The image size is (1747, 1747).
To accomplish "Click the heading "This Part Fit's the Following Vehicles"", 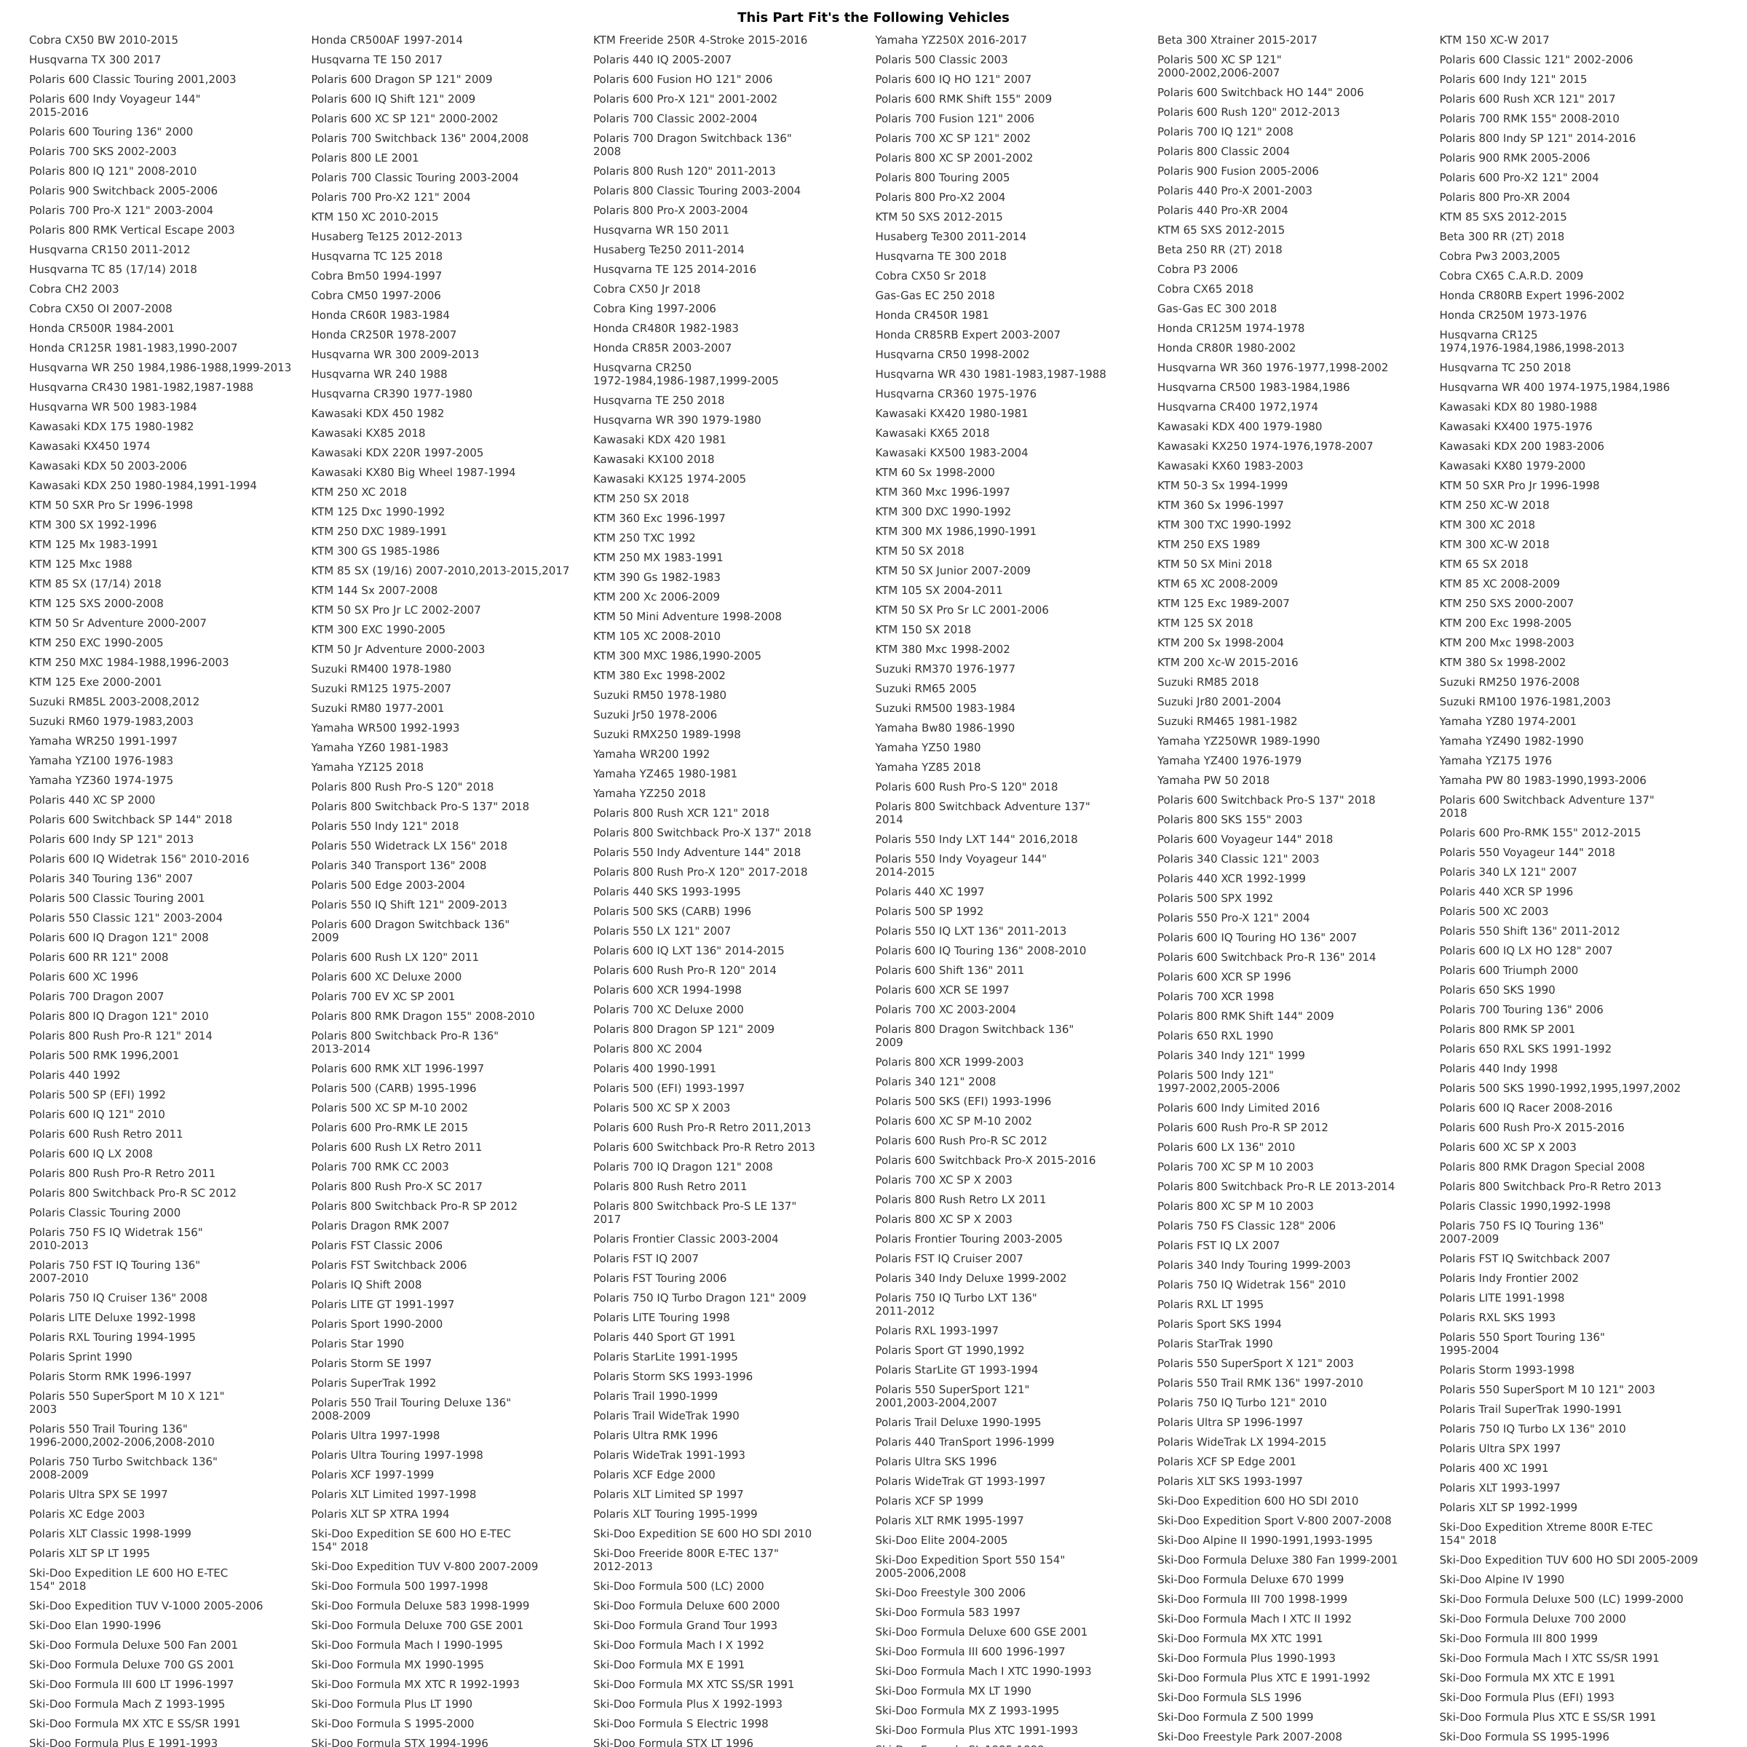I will [873, 17].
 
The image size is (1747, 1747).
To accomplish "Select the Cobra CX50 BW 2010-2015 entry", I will [103, 40].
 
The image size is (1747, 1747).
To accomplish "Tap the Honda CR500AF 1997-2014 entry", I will [386, 40].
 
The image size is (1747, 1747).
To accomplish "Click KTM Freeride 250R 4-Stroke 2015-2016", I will [700, 40].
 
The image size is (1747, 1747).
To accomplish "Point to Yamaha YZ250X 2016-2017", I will [951, 40].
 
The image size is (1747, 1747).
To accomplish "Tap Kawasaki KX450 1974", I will [90, 445].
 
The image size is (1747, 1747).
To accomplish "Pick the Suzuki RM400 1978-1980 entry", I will [381, 669].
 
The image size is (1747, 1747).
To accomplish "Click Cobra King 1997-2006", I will [654, 309].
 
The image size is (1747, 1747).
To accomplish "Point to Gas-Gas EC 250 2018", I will [934, 296].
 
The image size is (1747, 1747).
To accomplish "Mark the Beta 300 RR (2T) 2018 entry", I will [1501, 237].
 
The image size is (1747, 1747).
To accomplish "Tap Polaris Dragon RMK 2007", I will [380, 1226].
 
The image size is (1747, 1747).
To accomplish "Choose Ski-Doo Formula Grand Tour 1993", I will [684, 1625].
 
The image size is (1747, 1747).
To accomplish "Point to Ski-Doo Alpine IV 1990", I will [1501, 1580].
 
